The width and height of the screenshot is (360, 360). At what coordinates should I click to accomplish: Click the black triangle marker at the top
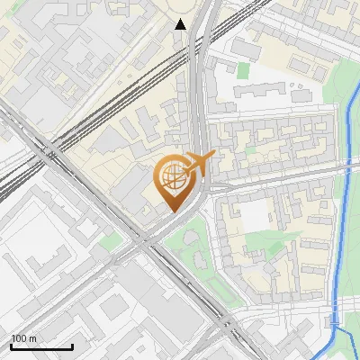[x=181, y=24]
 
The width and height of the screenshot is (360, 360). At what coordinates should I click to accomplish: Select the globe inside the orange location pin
[x=172, y=179]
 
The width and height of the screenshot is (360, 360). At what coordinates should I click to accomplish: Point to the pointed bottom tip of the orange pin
[x=173, y=211]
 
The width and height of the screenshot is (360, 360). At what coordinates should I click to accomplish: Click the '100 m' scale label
[x=23, y=338]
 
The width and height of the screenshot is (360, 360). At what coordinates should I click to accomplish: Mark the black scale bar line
[x=41, y=346]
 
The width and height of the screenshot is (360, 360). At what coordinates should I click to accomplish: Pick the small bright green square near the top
[x=244, y=69]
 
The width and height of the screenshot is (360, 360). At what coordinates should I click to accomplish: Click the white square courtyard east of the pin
[x=256, y=213]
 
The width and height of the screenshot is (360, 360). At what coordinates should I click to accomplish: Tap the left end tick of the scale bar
[x=11, y=346]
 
